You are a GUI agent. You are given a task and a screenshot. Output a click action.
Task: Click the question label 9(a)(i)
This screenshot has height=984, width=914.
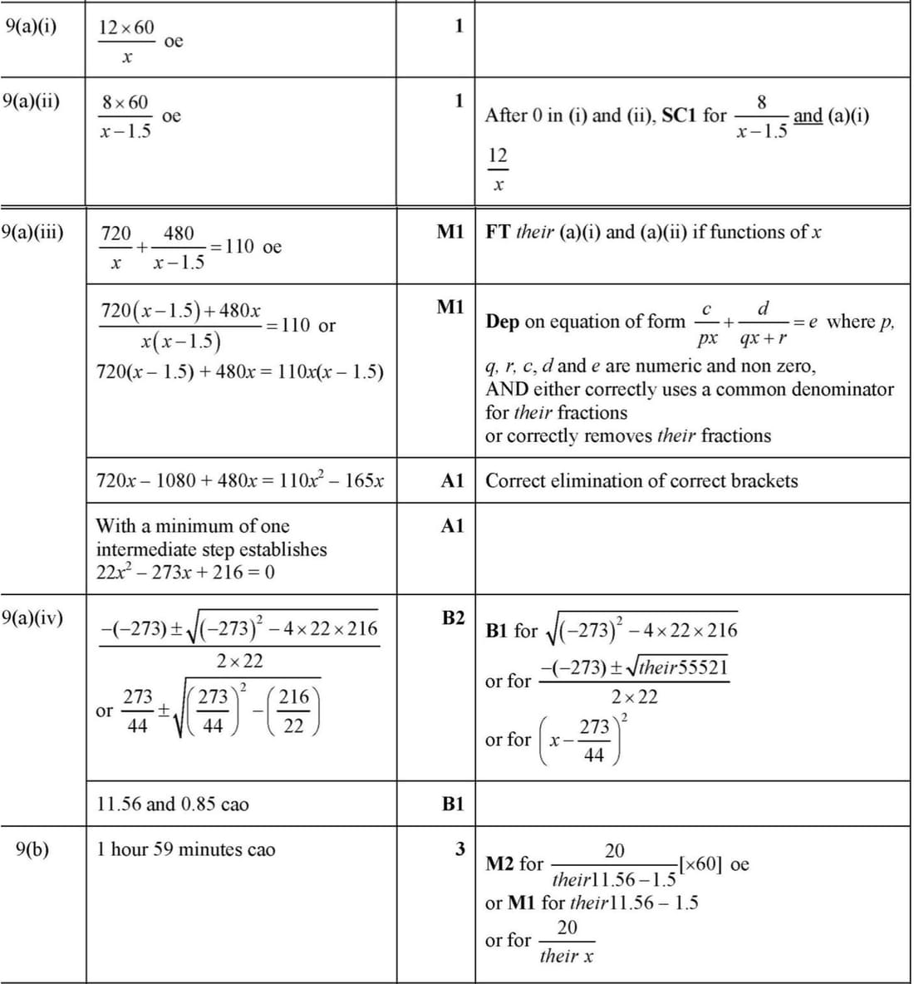(31, 25)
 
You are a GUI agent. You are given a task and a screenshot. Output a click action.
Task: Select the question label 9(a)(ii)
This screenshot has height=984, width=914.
(32, 101)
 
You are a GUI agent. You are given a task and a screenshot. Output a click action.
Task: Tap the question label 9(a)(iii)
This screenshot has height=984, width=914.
(34, 231)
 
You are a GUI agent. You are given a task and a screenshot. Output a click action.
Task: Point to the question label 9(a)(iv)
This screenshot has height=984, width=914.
(34, 617)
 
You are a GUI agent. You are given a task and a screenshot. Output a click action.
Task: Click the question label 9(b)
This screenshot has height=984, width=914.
(33, 849)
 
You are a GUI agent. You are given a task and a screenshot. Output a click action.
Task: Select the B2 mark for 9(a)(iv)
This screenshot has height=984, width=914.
(453, 617)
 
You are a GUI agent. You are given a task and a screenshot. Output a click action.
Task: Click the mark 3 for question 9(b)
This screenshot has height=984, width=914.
(459, 849)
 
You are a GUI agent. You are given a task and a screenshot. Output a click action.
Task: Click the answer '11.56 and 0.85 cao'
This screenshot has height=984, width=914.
(173, 804)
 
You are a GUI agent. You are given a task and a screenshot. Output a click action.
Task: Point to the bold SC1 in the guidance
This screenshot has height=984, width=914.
(680, 116)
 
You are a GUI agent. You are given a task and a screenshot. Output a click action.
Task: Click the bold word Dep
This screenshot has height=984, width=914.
(503, 322)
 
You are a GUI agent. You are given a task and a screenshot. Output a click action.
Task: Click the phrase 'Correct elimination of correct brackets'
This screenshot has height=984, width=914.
(641, 480)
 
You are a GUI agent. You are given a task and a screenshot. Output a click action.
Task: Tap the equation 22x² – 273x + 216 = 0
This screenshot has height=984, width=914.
(185, 572)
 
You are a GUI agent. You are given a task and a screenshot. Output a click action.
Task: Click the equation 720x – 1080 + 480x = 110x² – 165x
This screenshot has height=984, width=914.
(240, 480)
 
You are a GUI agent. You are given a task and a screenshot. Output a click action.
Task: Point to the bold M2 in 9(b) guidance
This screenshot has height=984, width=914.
(502, 864)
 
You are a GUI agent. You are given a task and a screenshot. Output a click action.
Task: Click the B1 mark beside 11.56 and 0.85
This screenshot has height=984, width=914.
(453, 804)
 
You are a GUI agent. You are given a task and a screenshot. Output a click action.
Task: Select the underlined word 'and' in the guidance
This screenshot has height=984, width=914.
(808, 116)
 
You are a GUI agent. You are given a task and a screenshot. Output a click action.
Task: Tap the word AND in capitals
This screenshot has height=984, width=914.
(508, 389)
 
